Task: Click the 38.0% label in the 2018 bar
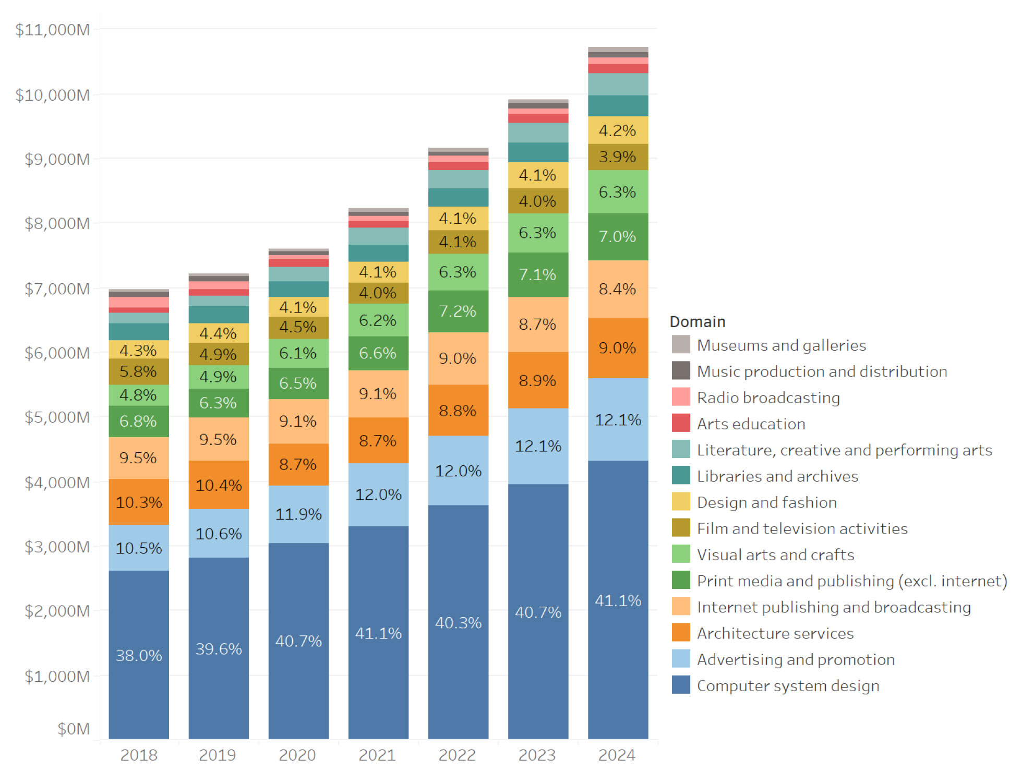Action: pyautogui.click(x=139, y=655)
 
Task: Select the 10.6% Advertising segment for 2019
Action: pyautogui.click(x=219, y=533)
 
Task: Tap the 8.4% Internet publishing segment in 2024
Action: pyautogui.click(x=618, y=289)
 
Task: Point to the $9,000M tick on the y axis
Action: pyautogui.click(x=57, y=159)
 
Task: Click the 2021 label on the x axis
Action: pyautogui.click(x=377, y=755)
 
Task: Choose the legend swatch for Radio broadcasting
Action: pyautogui.click(x=681, y=397)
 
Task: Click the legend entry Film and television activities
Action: pyautogui.click(x=802, y=528)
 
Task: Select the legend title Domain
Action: pyautogui.click(x=698, y=321)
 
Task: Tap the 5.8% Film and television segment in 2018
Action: pyautogui.click(x=138, y=371)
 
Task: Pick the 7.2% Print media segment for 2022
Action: pyautogui.click(x=458, y=311)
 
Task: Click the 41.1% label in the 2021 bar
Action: pyautogui.click(x=378, y=633)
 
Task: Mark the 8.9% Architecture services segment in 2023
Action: pyautogui.click(x=537, y=380)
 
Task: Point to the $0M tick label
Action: pyautogui.click(x=73, y=729)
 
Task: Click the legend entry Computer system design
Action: pyautogui.click(x=788, y=685)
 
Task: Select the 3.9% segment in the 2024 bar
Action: pyautogui.click(x=618, y=157)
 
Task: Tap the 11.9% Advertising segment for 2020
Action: pyautogui.click(x=298, y=514)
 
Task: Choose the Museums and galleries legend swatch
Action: pyautogui.click(x=681, y=345)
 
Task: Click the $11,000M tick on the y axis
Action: pyautogui.click(x=52, y=30)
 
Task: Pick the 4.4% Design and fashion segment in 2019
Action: pyautogui.click(x=218, y=333)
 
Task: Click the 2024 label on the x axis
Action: pyautogui.click(x=617, y=755)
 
